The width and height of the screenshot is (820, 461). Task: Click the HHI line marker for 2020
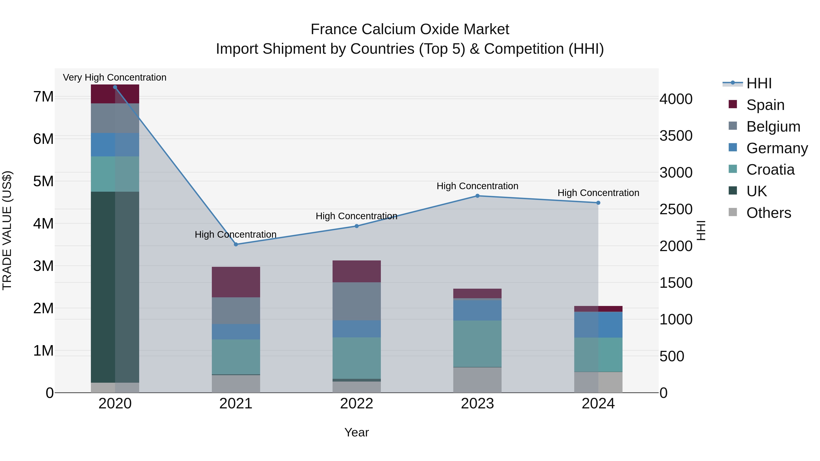115,87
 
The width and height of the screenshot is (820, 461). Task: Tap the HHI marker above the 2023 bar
477,196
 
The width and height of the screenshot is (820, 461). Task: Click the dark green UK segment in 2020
115,286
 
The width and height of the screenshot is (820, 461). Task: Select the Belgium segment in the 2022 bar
356,301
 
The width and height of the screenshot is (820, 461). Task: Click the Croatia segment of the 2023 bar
477,344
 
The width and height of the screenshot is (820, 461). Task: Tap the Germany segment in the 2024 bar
598,324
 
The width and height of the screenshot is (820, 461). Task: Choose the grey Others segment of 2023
477,380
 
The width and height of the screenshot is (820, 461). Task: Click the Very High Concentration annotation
115,77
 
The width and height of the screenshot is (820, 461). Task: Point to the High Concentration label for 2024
598,193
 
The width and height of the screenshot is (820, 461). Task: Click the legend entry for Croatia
770,170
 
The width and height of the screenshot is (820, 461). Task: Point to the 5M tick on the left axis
43,181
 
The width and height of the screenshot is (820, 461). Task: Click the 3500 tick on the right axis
676,136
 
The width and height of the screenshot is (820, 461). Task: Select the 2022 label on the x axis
356,404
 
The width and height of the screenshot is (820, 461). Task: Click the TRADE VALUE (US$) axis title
7,230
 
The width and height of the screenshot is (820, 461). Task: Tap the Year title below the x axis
356,432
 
